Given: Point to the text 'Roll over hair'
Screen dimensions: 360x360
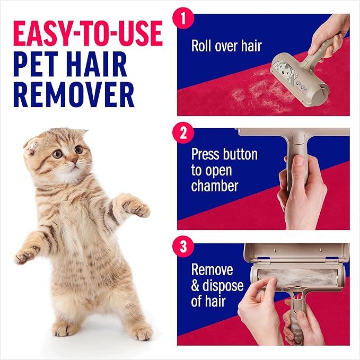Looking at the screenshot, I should [x=226, y=45].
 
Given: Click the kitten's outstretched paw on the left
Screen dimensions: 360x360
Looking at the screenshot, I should [x=24, y=257].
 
